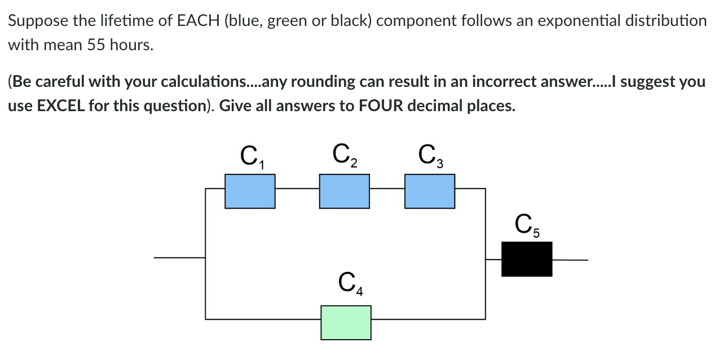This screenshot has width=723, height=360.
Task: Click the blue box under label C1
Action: (x=250, y=191)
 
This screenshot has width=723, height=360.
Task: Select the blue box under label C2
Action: (x=344, y=191)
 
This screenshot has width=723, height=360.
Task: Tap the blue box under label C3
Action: (x=430, y=191)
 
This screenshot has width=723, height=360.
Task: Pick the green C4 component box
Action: (x=346, y=322)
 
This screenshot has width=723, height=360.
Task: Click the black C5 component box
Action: (x=527, y=259)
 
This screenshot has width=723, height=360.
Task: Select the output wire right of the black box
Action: (x=570, y=260)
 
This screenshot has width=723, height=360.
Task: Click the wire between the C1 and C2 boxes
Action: (x=297, y=189)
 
